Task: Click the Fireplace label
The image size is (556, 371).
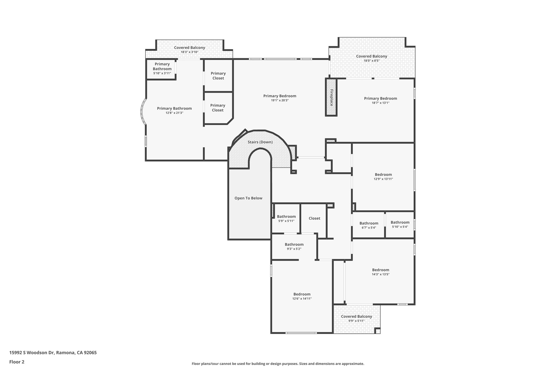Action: (331, 98)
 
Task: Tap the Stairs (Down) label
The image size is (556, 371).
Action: (260, 142)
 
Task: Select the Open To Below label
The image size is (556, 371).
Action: (248, 198)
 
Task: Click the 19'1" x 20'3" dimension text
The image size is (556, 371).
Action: (280, 100)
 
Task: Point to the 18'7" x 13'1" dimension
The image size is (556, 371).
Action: (380, 103)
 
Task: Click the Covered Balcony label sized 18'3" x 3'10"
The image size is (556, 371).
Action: (189, 48)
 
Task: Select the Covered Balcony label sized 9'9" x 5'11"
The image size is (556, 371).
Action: (356, 316)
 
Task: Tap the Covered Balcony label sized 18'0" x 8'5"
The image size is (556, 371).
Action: (371, 56)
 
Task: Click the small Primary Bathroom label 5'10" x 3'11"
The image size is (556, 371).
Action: (162, 66)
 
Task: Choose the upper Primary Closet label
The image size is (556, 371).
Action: (218, 76)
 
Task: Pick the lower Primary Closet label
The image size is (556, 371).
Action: (217, 108)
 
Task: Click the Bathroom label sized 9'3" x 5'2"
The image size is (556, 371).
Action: (294, 244)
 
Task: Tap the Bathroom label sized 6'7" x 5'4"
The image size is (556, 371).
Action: (369, 223)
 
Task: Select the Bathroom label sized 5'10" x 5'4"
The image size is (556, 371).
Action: (400, 222)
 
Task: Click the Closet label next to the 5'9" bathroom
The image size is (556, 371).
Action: (314, 218)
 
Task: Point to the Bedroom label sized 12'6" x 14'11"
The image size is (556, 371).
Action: (302, 294)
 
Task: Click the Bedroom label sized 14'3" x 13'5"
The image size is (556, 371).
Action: (380, 270)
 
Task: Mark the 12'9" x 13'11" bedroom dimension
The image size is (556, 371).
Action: (383, 179)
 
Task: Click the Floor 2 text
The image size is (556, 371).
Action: (17, 362)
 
